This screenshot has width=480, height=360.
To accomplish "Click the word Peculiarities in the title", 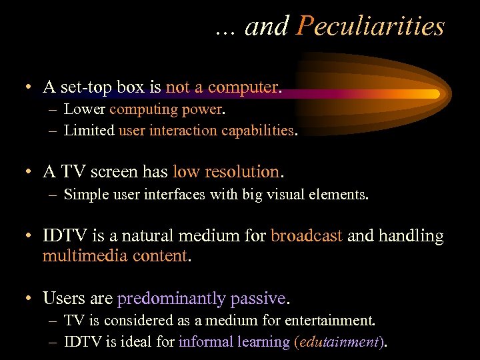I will (x=371, y=27).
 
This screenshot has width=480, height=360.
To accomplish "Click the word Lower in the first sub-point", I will (x=85, y=109).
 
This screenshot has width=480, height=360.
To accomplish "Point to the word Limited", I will (x=89, y=131).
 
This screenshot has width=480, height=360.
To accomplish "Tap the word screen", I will (x=116, y=172).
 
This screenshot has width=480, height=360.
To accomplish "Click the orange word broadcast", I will (x=307, y=235).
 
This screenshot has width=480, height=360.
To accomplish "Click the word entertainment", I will (x=332, y=321).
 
